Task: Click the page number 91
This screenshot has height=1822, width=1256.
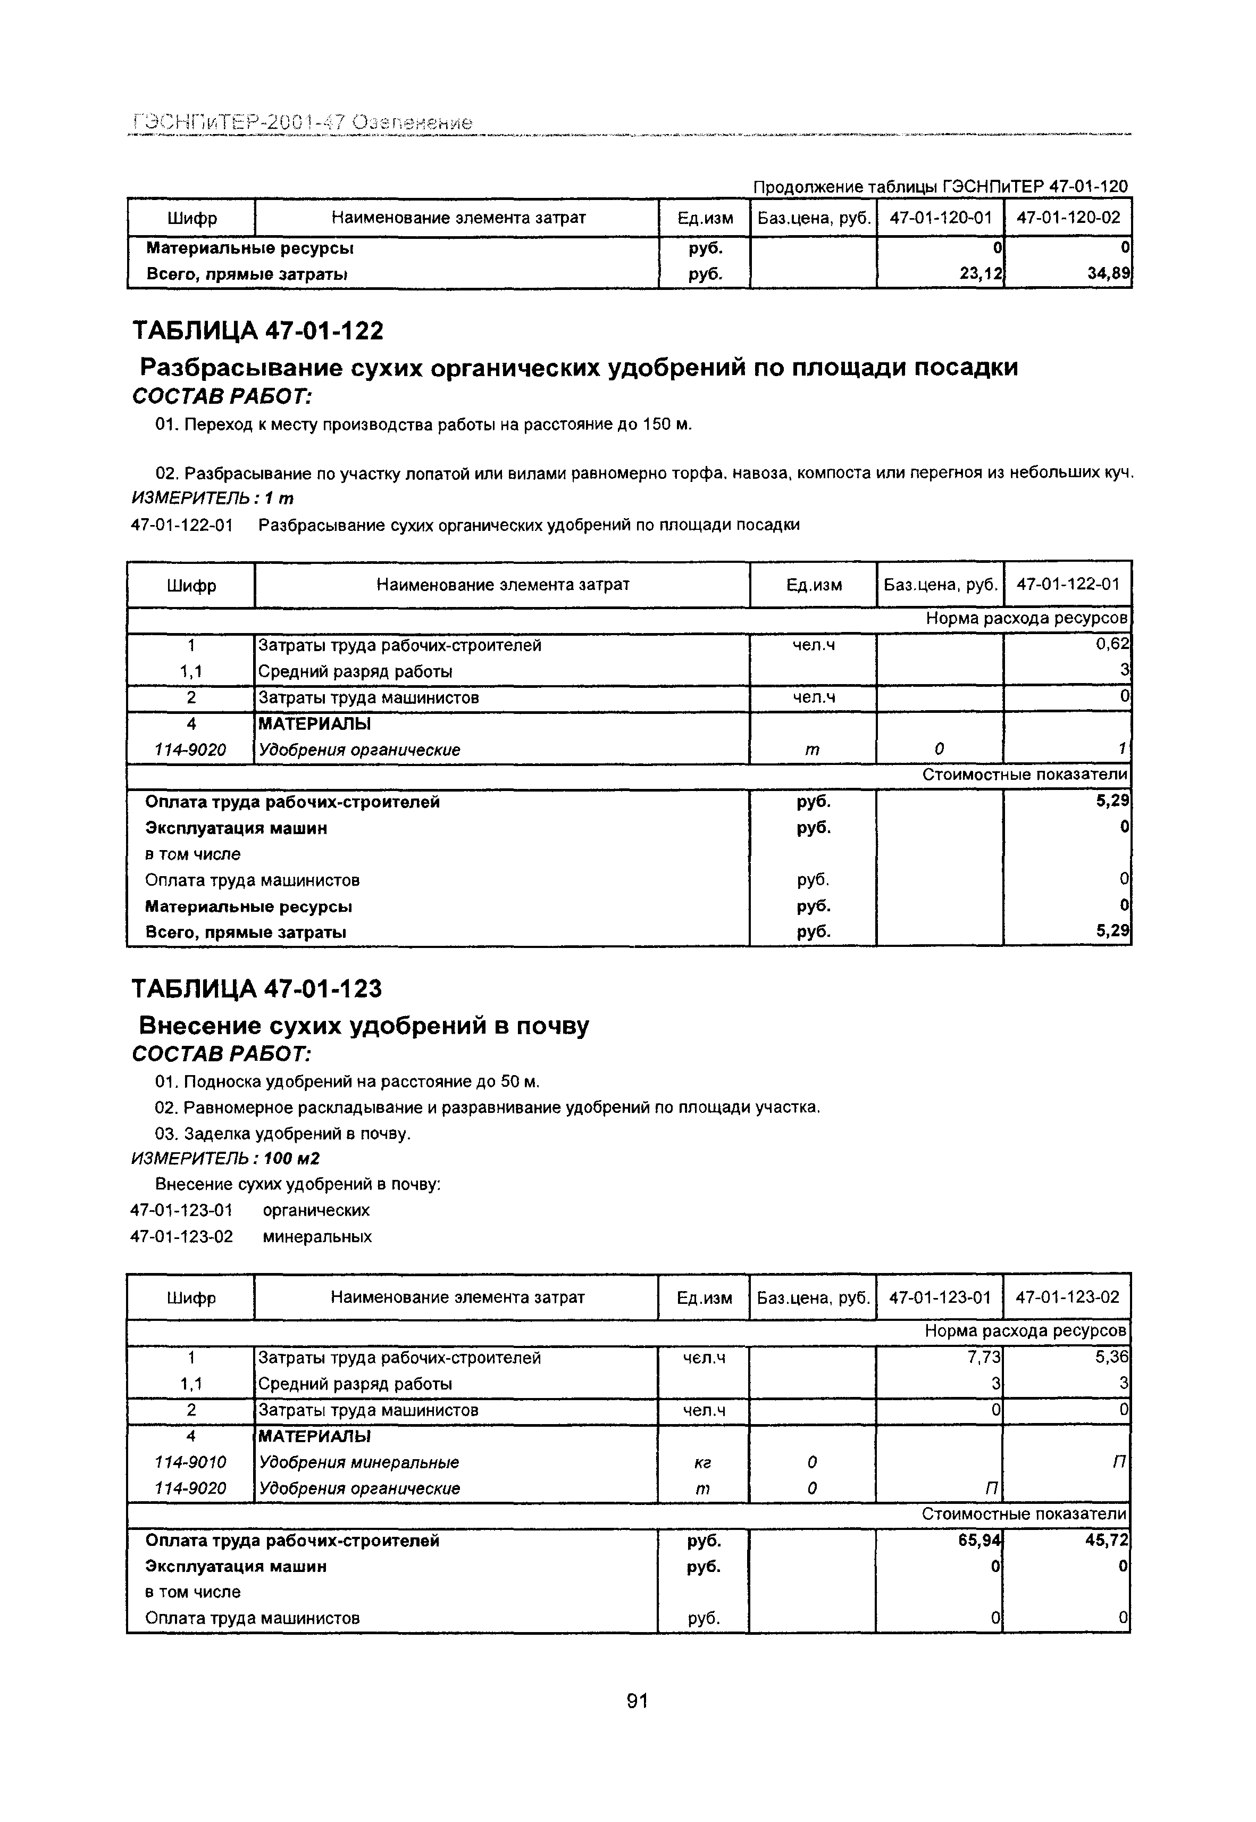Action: [637, 1701]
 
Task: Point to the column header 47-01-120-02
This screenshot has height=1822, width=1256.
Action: [1068, 218]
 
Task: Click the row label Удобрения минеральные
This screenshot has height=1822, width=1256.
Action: [359, 1462]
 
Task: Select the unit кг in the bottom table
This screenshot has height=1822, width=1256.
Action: [703, 1462]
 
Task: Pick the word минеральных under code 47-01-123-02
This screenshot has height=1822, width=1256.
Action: [317, 1236]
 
